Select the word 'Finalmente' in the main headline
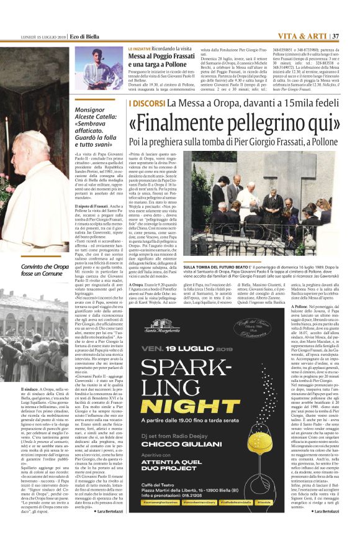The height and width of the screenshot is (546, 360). [x=161, y=124]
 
